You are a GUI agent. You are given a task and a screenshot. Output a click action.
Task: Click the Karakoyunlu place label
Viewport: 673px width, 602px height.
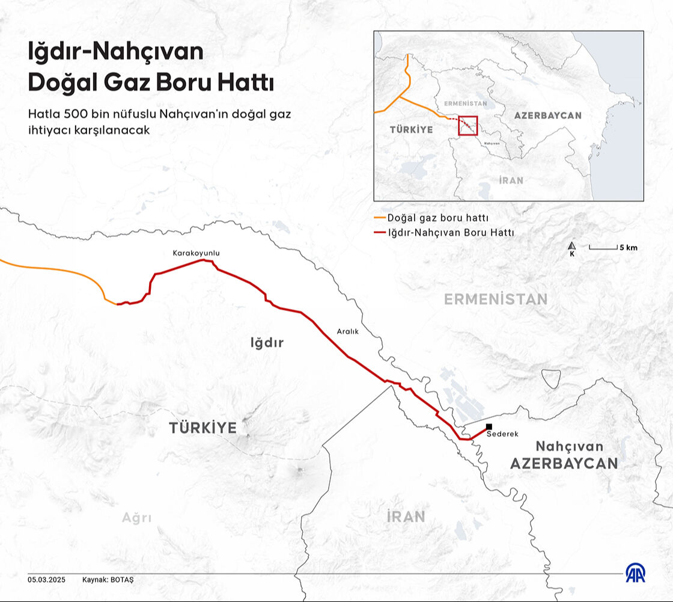[x=196, y=253]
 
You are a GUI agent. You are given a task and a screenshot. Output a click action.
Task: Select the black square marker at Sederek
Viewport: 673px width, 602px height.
[x=489, y=426]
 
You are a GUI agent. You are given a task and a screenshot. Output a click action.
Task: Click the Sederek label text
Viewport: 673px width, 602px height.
[x=502, y=434]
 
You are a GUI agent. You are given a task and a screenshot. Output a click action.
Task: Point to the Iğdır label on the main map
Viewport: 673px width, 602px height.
[x=266, y=343]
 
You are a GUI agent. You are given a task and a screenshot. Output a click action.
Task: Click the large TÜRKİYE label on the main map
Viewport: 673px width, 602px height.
[x=203, y=428]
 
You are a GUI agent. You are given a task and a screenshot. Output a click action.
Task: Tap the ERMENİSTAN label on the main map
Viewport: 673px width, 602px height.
[x=496, y=299]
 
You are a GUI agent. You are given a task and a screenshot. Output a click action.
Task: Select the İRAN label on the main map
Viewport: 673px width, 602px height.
[x=406, y=516]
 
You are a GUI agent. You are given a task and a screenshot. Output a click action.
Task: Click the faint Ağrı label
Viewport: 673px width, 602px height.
[x=136, y=518]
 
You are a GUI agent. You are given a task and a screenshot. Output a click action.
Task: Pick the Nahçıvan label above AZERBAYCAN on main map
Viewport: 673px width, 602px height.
[x=569, y=446]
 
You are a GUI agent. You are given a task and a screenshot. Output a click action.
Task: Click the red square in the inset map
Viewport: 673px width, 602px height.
[x=467, y=125]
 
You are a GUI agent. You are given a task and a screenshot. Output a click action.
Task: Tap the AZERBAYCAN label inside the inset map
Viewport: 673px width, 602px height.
[x=547, y=115]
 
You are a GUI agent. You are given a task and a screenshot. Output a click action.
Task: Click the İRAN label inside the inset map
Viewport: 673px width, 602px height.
[x=511, y=180]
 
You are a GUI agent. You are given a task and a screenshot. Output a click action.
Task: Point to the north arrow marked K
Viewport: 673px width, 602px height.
[x=572, y=248]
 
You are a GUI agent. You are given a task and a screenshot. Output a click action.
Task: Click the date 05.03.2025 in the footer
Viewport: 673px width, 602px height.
[x=46, y=580]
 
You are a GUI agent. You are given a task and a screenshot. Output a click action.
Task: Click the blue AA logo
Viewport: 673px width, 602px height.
[x=635, y=573]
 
